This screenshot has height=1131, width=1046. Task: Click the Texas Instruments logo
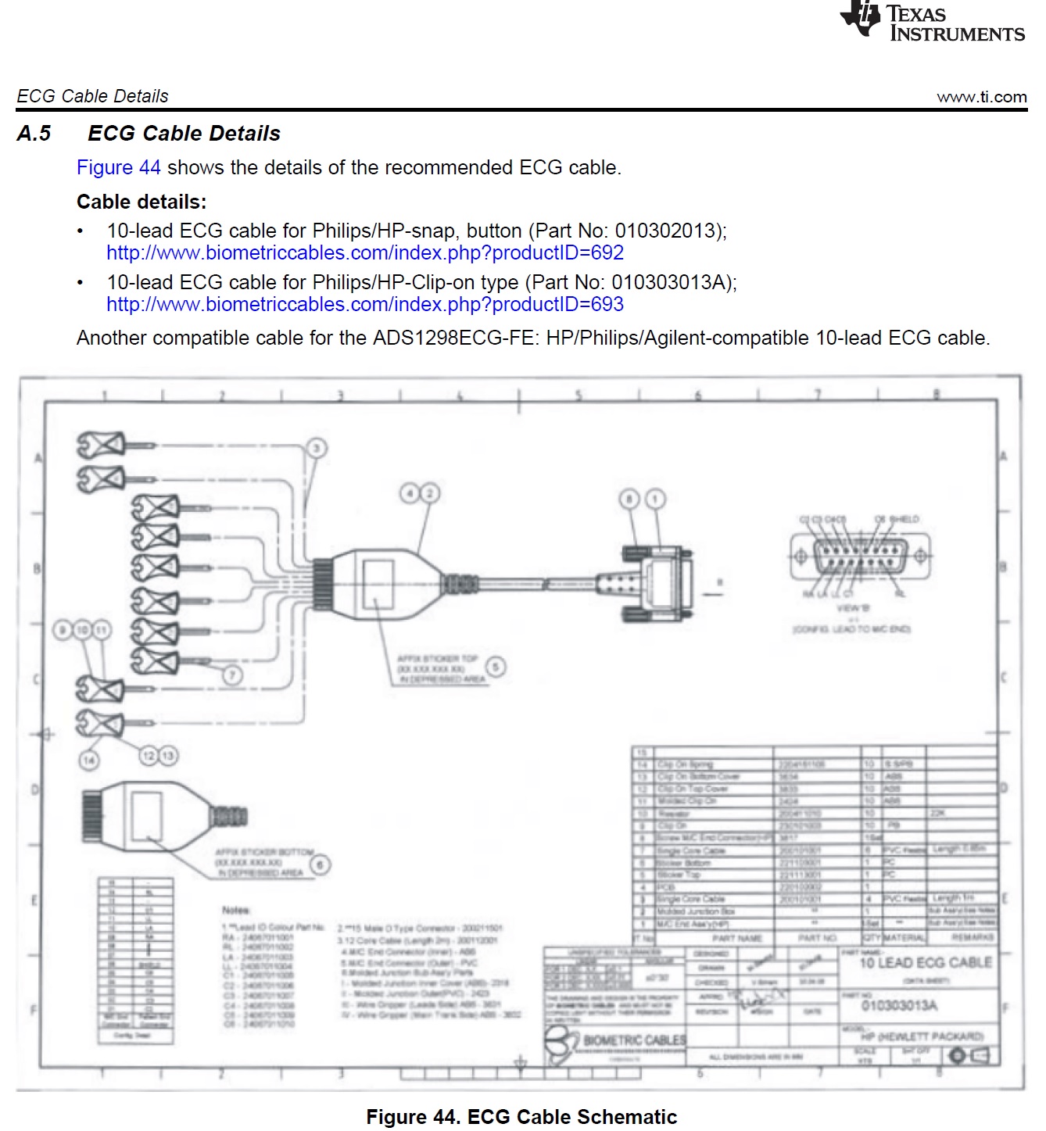[x=932, y=22]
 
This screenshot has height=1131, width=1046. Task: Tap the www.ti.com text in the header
[x=981, y=97]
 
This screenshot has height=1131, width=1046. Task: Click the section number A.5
[x=34, y=134]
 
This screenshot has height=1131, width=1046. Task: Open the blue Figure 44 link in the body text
[x=118, y=168]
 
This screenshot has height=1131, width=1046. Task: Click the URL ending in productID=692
[x=365, y=253]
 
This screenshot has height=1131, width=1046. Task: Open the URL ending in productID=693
[x=365, y=305]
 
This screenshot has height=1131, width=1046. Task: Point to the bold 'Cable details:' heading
[x=141, y=202]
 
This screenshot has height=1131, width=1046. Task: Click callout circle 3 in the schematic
[x=316, y=448]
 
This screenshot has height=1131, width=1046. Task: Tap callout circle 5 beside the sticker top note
[x=496, y=667]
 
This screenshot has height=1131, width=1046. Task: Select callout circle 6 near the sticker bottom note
[x=320, y=864]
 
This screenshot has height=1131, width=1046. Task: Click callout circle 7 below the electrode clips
[x=232, y=675]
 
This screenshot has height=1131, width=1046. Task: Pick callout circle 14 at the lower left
[x=89, y=760]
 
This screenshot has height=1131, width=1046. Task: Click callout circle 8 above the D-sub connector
[x=629, y=499]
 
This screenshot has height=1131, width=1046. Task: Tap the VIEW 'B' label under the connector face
[x=852, y=608]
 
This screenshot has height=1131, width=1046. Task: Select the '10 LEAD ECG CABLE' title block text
[x=926, y=963]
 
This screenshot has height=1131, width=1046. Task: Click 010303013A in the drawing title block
[x=899, y=1005]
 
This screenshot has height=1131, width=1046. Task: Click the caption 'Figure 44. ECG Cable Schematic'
[x=521, y=1117]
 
